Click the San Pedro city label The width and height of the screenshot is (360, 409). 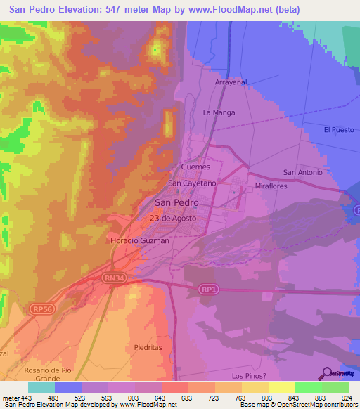(x=176, y=202)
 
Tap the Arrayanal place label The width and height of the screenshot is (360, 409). (x=230, y=82)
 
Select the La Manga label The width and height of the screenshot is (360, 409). (x=219, y=112)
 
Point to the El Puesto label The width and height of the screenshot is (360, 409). (x=338, y=130)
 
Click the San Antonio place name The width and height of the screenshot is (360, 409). (x=302, y=173)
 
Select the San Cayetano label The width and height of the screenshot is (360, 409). (x=192, y=183)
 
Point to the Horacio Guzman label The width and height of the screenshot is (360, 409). (x=140, y=241)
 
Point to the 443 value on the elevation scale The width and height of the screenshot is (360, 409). (x=27, y=398)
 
